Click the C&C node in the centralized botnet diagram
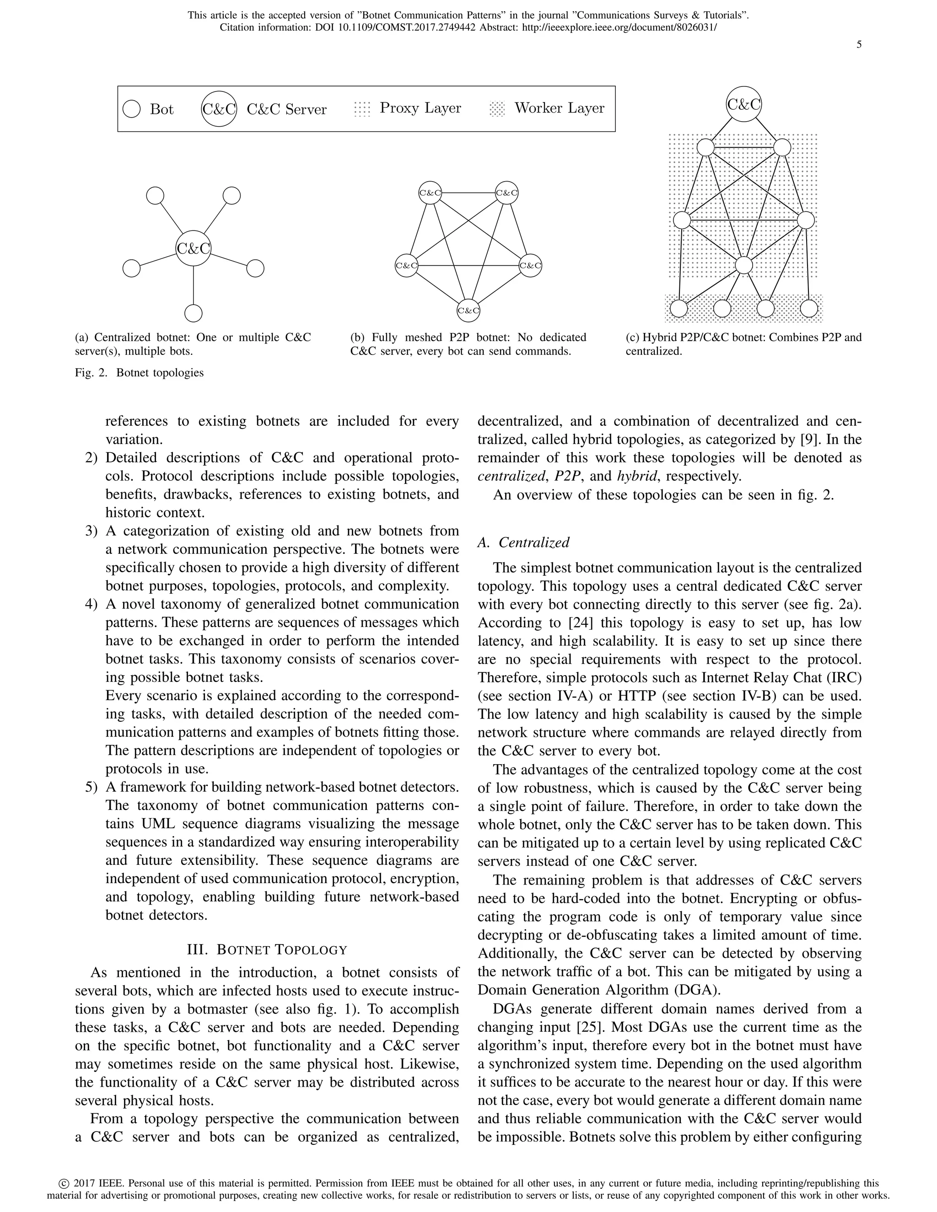[x=193, y=248]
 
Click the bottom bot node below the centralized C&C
[x=193, y=313]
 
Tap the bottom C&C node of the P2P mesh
[x=468, y=311]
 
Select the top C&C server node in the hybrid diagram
[x=744, y=104]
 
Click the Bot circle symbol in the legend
[x=132, y=109]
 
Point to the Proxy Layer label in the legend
[x=420, y=108]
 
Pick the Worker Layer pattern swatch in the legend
[x=497, y=109]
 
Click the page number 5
[x=859, y=45]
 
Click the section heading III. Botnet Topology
[x=267, y=949]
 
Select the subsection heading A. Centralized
[x=523, y=542]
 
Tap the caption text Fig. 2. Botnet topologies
[x=140, y=372]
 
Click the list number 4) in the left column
[x=92, y=604]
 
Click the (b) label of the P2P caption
[x=358, y=338]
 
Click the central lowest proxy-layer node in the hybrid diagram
[x=744, y=265]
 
